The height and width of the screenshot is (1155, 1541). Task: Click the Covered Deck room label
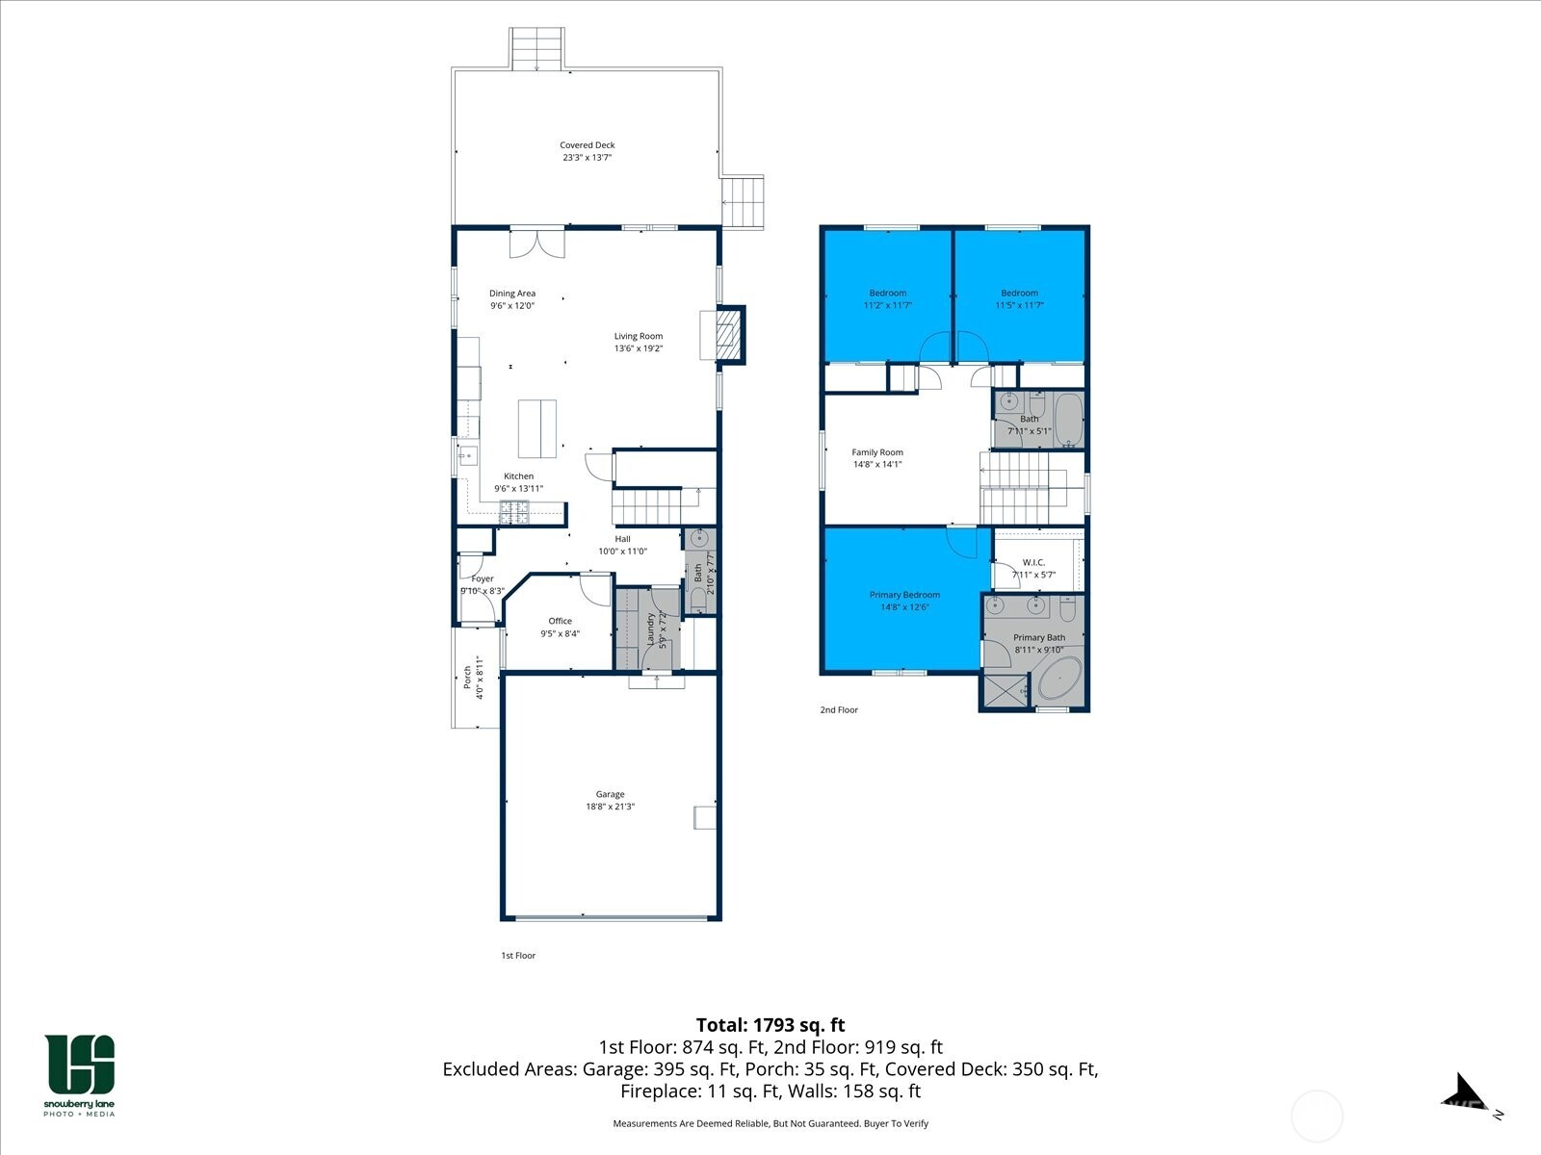(x=587, y=145)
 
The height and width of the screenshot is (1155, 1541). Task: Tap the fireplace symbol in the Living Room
(x=730, y=335)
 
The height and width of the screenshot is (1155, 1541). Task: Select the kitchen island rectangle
(x=537, y=428)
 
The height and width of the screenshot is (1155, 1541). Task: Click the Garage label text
(x=610, y=794)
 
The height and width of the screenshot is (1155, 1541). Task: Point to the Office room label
(x=560, y=621)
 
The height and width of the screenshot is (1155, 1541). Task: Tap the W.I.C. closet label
(x=1033, y=562)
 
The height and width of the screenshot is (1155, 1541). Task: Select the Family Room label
(x=876, y=452)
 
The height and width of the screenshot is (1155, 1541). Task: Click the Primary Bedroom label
(x=904, y=595)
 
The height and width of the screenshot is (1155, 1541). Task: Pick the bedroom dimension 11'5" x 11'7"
(x=1019, y=305)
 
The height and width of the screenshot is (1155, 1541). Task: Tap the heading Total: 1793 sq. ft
(x=770, y=1025)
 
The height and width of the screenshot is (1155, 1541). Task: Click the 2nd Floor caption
(x=839, y=710)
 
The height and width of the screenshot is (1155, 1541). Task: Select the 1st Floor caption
(x=517, y=956)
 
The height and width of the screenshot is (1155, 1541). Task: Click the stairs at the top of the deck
(x=536, y=48)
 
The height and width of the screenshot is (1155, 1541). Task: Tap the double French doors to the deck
(x=536, y=242)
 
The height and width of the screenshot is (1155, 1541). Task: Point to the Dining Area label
(x=511, y=294)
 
